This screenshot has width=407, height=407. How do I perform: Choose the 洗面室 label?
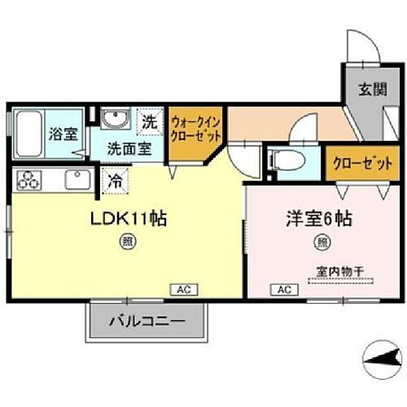(130, 149)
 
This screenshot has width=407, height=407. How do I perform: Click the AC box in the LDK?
(183, 289)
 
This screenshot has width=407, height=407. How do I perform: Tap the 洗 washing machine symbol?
(149, 123)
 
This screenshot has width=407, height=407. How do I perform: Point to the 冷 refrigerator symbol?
(115, 182)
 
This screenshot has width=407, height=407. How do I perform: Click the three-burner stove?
(28, 180)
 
